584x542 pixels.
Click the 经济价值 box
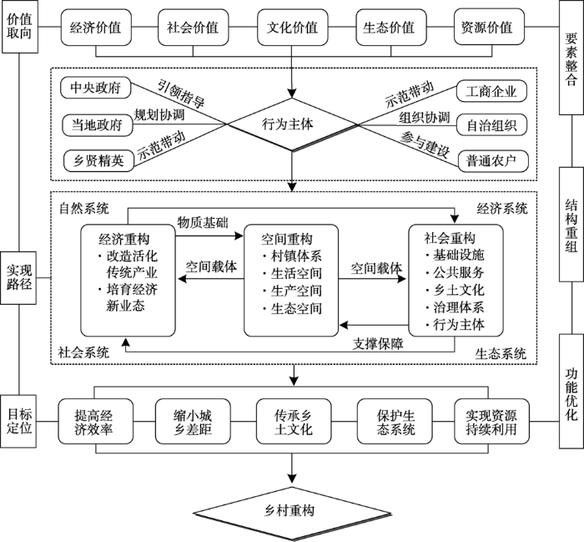[96, 28]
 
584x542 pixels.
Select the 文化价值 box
[292, 28]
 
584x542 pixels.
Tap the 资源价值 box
[489, 28]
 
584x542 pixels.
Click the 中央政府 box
[96, 88]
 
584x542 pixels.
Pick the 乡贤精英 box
[98, 161]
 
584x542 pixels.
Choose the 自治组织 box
[491, 125]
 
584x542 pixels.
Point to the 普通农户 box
[493, 161]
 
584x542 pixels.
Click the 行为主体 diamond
[292, 124]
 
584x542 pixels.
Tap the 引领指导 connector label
[181, 94]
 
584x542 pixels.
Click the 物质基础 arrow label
[203, 222]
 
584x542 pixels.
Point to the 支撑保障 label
[378, 344]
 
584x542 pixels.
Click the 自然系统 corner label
[84, 209]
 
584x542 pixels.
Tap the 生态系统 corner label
[501, 353]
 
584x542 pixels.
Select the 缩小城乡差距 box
[193, 422]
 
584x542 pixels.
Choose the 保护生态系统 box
[395, 422]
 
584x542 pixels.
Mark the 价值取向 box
[20, 27]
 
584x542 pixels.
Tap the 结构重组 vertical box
[571, 224]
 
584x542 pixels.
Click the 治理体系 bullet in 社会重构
[455, 307]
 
